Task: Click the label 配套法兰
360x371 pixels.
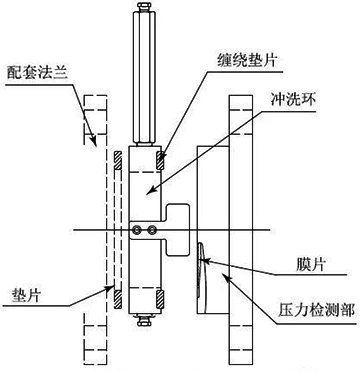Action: (38, 72)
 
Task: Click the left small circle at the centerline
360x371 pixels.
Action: (138, 231)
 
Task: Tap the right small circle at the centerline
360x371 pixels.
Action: (153, 231)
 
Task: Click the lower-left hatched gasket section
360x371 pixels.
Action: (117, 296)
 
